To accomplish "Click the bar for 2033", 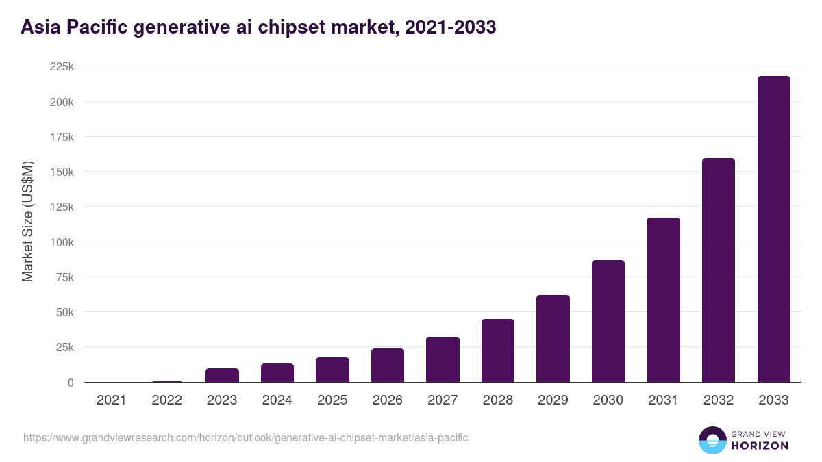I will (773, 229).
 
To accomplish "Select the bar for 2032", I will (719, 270).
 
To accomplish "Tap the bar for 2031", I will (663, 300).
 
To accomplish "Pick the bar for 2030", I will (608, 321).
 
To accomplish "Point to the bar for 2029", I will (553, 339).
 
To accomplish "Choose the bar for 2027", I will (443, 359).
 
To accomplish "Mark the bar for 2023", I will (222, 375).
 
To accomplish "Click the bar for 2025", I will (332, 370).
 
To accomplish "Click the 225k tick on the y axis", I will (61, 67).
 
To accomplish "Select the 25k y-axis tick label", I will (64, 347).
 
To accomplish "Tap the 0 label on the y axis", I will (70, 383).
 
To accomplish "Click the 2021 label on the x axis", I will (112, 400).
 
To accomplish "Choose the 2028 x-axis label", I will (498, 400).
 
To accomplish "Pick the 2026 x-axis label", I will (388, 400).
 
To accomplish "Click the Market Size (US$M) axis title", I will (27, 221).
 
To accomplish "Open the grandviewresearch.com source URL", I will (246, 437).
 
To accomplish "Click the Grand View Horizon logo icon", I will (712, 440).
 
